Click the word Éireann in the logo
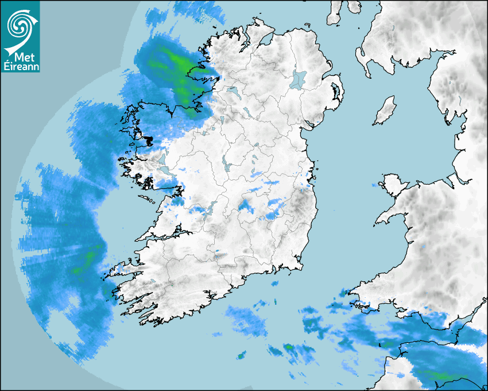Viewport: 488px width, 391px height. point(21,67)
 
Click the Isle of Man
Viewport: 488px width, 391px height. point(385,110)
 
